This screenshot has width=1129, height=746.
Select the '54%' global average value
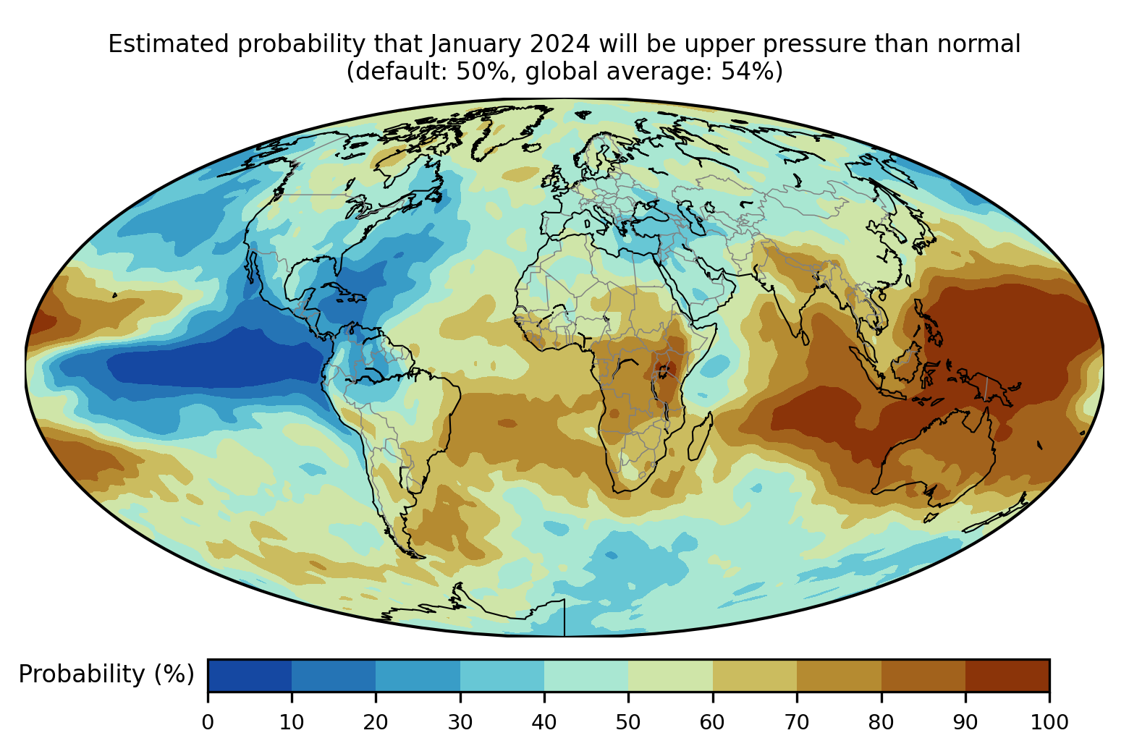[746, 72]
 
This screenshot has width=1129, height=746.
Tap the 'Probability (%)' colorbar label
[106, 674]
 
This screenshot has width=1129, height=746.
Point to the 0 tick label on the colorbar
[208, 722]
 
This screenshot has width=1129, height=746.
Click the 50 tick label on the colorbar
[628, 722]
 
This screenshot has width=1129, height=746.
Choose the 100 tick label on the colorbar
[1049, 722]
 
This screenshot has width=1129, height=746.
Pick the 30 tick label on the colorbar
[460, 722]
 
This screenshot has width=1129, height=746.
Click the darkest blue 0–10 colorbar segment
[250, 675]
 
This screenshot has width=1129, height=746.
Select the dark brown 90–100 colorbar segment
[1007, 675]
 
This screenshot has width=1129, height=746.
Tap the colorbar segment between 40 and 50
[586, 675]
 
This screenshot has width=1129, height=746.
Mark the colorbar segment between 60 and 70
[755, 675]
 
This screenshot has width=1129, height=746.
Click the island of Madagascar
[700, 436]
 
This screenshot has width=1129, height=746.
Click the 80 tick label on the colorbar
[881, 722]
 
